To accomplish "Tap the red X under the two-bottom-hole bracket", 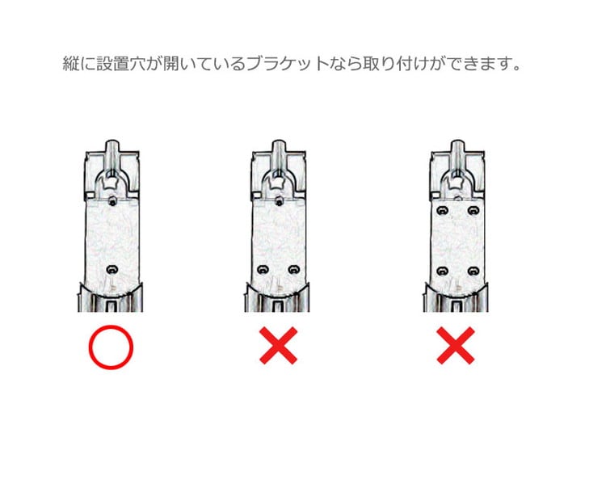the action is (x=278, y=346).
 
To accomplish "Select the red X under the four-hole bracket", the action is (x=456, y=346).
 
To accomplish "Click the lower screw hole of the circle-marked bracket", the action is (x=112, y=269).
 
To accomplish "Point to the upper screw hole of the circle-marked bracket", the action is (x=112, y=201).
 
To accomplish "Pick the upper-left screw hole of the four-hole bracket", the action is (x=442, y=211).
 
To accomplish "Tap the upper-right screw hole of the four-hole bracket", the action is (x=473, y=211).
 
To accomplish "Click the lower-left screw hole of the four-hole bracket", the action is (x=442, y=271).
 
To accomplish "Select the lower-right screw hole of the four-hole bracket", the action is (x=473, y=271).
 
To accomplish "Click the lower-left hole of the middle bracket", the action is (x=263, y=269).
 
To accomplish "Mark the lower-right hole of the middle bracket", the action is (x=294, y=269).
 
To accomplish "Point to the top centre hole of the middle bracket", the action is (x=279, y=201).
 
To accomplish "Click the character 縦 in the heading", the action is (x=71, y=64).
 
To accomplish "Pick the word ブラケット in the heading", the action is (x=288, y=64).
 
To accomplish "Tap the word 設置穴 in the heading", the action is (x=121, y=64).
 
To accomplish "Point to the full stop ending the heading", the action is (x=517, y=69).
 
